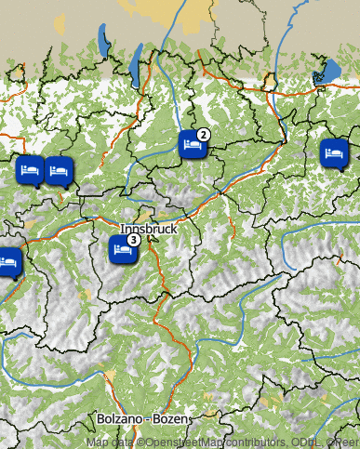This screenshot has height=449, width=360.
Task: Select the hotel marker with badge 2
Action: coord(193,145)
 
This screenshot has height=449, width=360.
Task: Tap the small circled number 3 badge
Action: coord(134,240)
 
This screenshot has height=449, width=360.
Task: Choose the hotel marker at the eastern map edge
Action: coord(334,152)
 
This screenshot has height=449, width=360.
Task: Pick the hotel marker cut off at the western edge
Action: coord(8,262)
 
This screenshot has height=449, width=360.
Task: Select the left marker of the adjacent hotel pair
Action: coord(30,170)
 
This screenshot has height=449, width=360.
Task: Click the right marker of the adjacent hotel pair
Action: coord(59,170)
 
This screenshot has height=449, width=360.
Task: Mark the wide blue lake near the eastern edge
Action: coord(327,73)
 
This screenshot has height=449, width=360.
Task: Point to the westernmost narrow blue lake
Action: coord(102,42)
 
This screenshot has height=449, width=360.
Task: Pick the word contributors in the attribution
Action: coord(253,442)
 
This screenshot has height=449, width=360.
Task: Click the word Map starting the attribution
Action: coord(96,442)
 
